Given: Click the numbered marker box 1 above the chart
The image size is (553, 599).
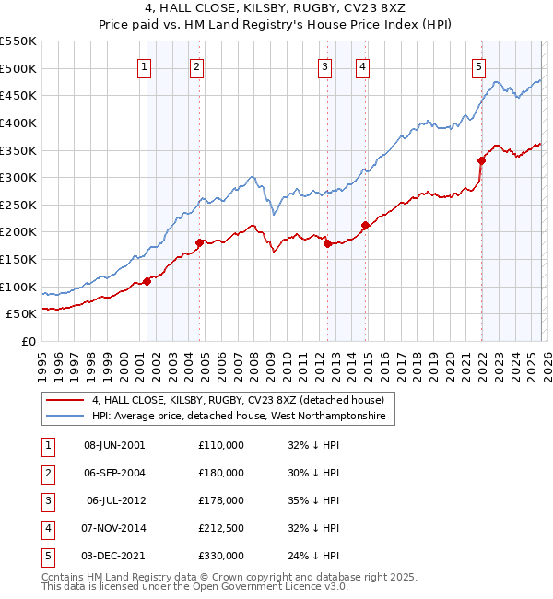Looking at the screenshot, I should [146, 65].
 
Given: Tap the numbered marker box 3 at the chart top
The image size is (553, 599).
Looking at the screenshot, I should [325, 65].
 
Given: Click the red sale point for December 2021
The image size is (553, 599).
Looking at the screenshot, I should [480, 160].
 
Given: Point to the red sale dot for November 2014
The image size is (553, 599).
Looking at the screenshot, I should [365, 225].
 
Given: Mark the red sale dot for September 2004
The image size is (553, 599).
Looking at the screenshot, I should [199, 242].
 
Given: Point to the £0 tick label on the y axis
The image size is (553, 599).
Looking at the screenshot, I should [29, 341].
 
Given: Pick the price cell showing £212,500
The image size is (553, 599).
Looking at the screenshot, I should [220, 529].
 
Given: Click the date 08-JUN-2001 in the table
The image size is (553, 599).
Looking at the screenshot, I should [114, 445].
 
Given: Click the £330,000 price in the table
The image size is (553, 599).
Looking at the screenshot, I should [220, 557].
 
